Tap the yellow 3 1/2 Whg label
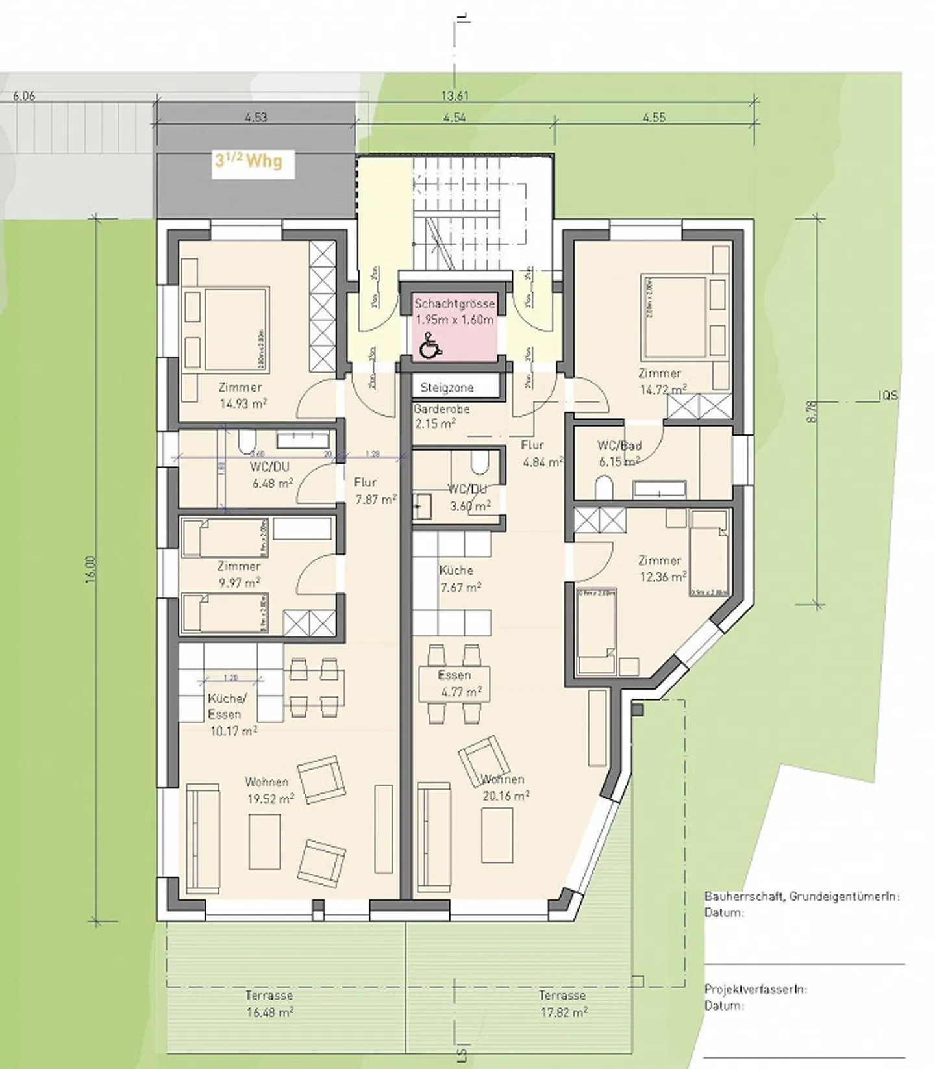249,161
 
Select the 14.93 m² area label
243,403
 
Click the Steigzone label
447,388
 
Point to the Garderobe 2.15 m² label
442,416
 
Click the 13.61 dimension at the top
455,95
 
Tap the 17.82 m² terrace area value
564,1012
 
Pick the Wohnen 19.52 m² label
269,790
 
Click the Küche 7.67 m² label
459,579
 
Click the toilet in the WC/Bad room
604,486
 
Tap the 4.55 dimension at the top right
654,118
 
